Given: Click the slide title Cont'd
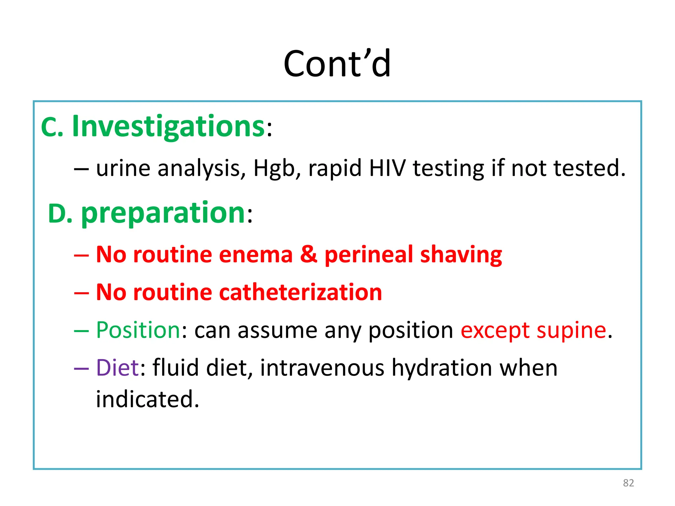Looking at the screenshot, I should (x=337, y=64).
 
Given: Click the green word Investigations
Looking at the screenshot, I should (x=168, y=126).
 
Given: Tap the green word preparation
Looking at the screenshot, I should (x=163, y=213).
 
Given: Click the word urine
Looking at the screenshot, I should (x=123, y=168).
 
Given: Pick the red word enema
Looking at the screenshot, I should (x=256, y=255).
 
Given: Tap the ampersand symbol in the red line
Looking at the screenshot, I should (x=308, y=255).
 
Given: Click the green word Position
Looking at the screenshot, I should (x=138, y=330).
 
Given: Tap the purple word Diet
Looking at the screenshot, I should (x=117, y=368).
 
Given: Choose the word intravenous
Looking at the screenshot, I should (x=322, y=368).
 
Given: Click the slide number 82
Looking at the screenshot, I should (x=628, y=483).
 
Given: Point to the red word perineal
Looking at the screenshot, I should (x=368, y=255).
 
